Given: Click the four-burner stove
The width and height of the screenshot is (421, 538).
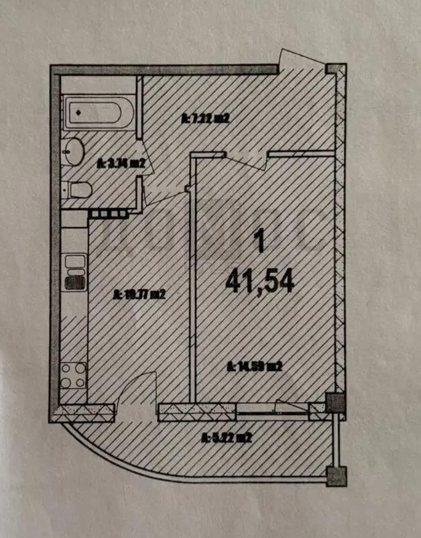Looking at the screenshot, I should (72, 376).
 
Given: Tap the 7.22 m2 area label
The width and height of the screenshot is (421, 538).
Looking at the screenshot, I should (206, 119).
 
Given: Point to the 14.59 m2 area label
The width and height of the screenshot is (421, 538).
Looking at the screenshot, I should (253, 366).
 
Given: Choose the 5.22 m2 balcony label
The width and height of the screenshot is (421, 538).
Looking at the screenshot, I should (226, 439).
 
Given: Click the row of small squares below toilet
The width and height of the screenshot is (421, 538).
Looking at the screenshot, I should (107, 213).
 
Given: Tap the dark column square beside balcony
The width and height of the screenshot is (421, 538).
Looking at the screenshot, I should (334, 403).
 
